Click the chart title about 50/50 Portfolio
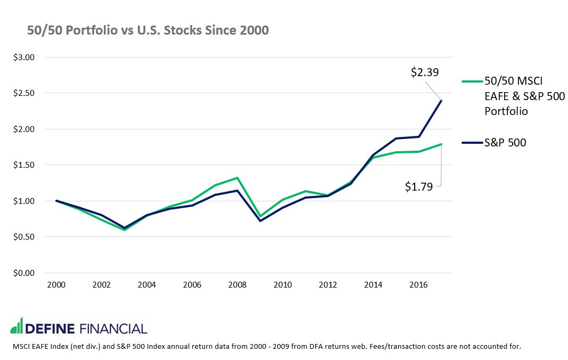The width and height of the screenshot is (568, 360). coord(148,31)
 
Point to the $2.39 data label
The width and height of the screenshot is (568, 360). coord(425,72)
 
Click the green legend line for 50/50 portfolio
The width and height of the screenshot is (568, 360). coord(471,81)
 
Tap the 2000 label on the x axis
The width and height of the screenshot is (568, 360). coord(56,285)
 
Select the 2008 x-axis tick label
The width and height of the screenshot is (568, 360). coord(237,285)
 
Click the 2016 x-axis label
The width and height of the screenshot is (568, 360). coord(418,285)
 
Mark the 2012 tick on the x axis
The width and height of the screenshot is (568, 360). coord(328,285)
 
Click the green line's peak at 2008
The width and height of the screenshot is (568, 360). coord(237,178)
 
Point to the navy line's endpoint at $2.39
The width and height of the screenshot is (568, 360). coord(441,101)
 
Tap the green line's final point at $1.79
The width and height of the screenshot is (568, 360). coord(441,144)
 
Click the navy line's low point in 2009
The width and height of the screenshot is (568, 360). coord(260,220)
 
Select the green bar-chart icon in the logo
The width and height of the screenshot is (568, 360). coord(17,326)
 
